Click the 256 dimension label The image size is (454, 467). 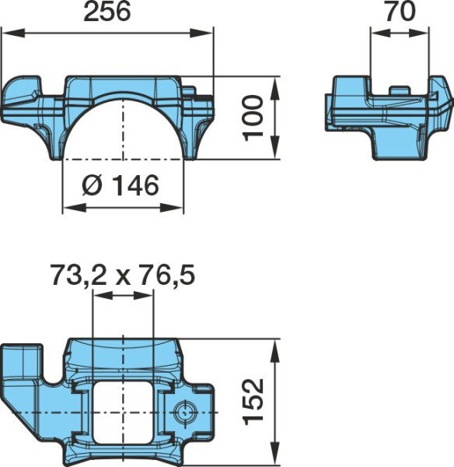[107, 12]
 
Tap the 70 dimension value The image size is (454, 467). [400, 12]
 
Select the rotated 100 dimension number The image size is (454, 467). [253, 118]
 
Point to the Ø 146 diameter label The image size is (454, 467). [120, 185]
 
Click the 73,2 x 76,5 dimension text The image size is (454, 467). [123, 276]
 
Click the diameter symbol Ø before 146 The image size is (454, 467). [92, 185]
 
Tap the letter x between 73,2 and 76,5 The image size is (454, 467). [123, 279]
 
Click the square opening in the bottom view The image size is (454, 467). [123, 413]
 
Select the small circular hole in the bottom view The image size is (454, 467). [184, 413]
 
